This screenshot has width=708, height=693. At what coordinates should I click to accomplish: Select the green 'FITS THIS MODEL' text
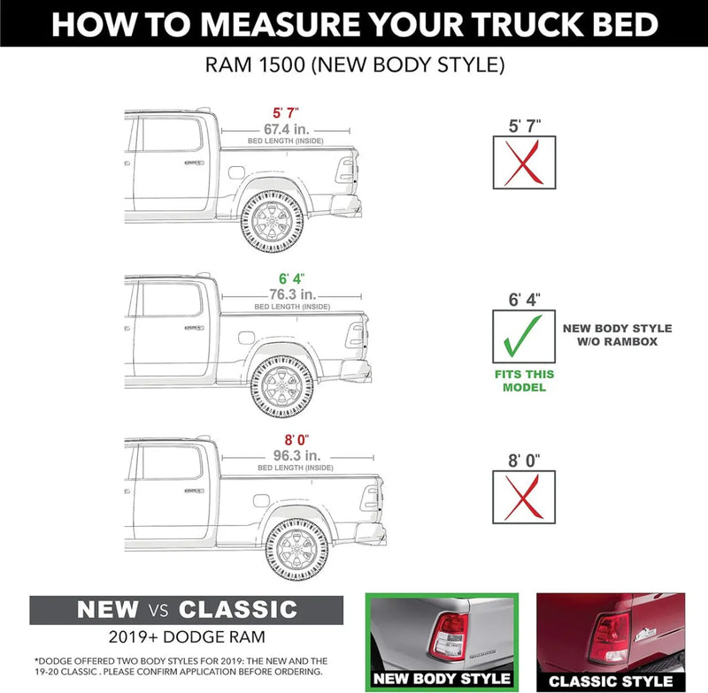(x=525, y=380)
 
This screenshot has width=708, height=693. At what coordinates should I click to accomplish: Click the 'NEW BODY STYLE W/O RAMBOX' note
(x=617, y=334)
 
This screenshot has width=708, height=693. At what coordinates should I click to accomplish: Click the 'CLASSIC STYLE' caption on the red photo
(x=610, y=682)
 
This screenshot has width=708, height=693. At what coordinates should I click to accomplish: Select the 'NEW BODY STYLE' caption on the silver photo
(x=441, y=679)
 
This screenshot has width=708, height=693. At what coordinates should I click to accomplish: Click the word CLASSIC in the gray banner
(x=237, y=609)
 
